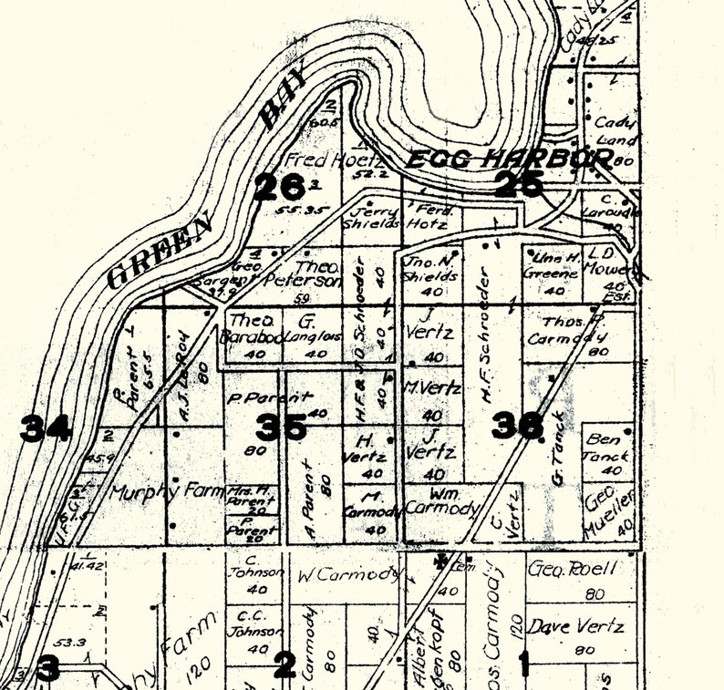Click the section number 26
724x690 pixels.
[278, 188]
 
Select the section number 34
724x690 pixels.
[46, 427]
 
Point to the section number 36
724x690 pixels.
[518, 425]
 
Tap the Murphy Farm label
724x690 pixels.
[167, 492]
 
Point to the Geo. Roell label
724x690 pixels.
[573, 569]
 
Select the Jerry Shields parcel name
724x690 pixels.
[370, 215]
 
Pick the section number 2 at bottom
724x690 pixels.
[284, 664]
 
